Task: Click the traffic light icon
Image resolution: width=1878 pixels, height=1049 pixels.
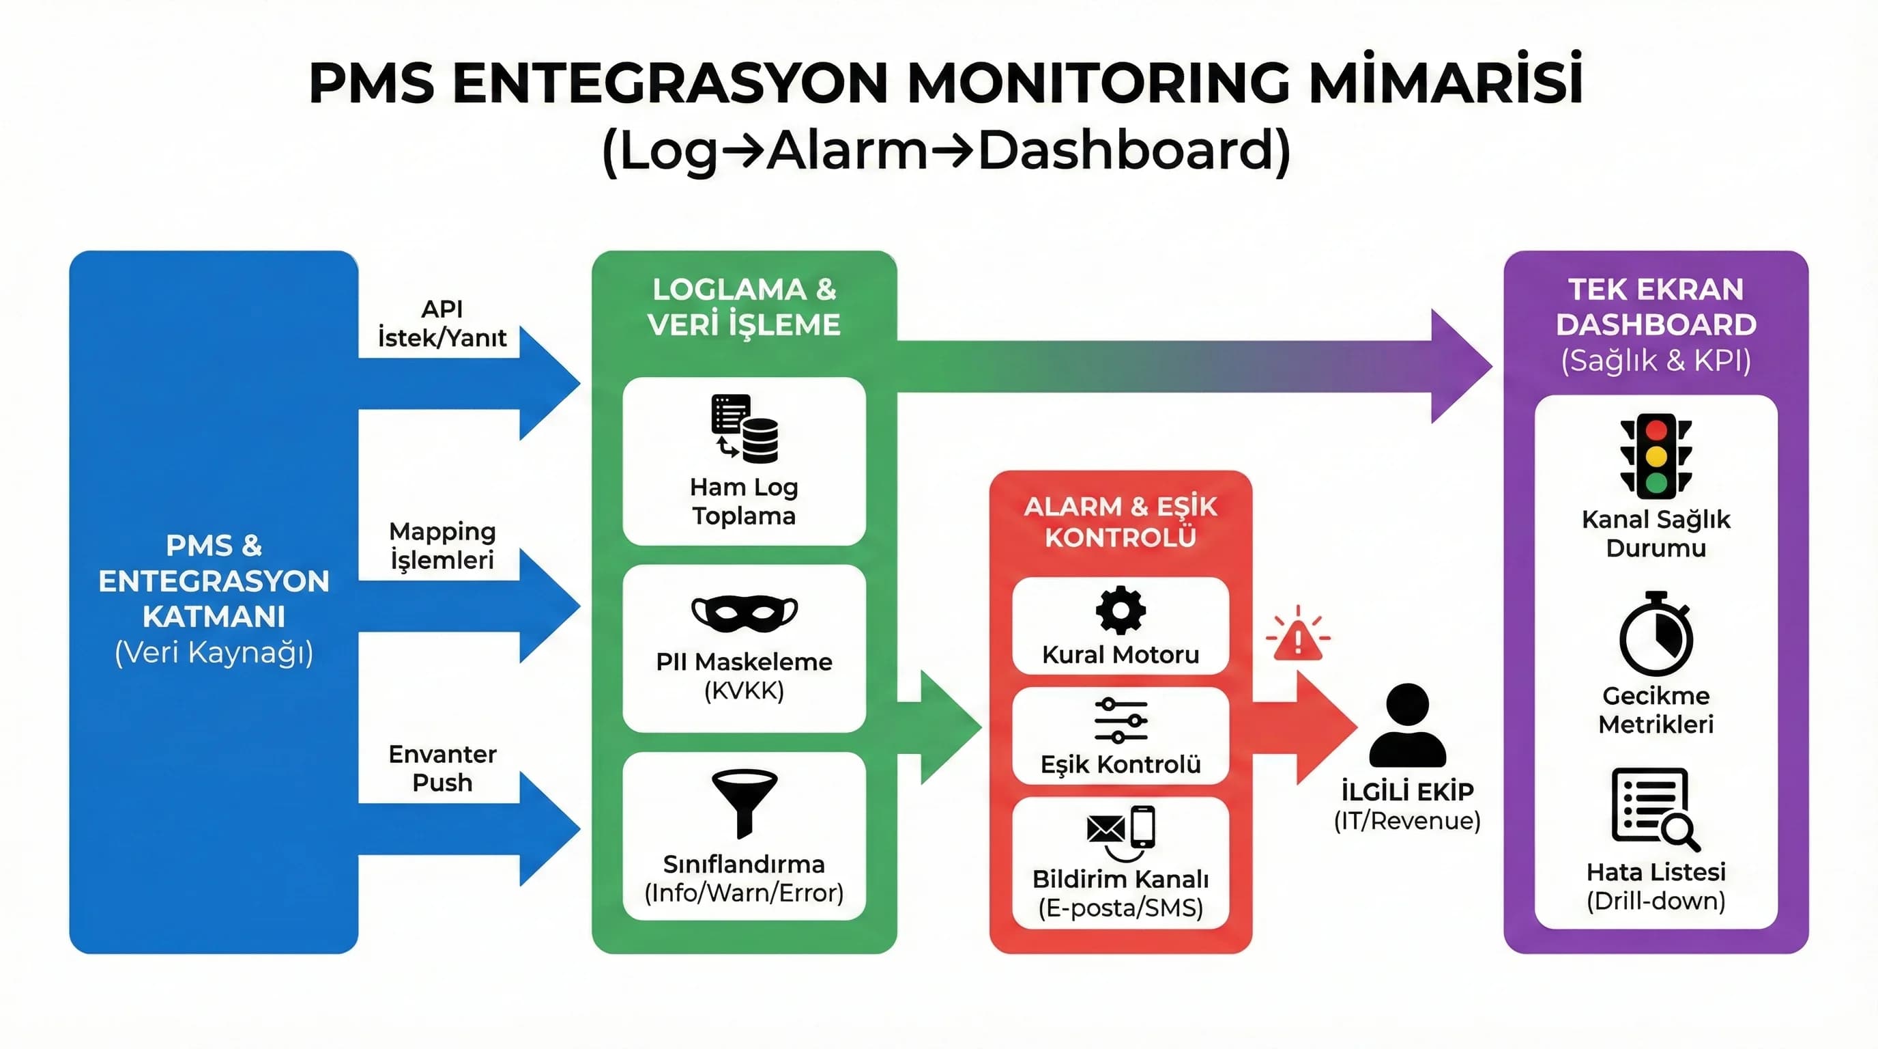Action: pos(1656,456)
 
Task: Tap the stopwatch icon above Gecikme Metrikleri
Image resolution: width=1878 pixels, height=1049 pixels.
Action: pos(1656,634)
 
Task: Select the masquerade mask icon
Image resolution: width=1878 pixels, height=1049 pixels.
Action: pos(745,613)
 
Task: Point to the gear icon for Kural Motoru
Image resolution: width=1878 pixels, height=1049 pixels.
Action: pos(1121,610)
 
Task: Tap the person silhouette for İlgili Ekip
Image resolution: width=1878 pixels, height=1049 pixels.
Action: pos(1407,725)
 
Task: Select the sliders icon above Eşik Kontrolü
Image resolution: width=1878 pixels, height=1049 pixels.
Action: pos(1121,721)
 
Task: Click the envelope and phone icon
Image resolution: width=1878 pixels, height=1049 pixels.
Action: pos(1121,830)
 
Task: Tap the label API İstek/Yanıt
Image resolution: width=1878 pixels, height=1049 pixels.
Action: pos(442,323)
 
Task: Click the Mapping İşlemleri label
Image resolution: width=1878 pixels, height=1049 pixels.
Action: pos(442,546)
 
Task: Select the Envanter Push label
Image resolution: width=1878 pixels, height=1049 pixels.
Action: pos(442,768)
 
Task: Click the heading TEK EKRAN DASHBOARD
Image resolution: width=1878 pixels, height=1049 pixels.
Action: pos(1656,307)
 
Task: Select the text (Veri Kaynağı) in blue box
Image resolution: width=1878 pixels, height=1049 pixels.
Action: pos(214,652)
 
